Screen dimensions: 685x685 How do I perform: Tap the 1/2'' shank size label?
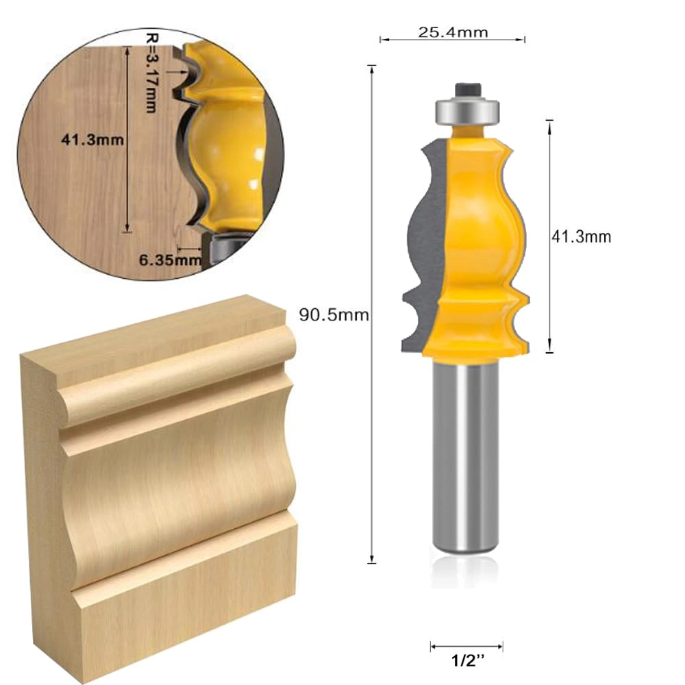tap(466, 663)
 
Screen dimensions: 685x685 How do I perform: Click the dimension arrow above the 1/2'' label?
tap(466, 645)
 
